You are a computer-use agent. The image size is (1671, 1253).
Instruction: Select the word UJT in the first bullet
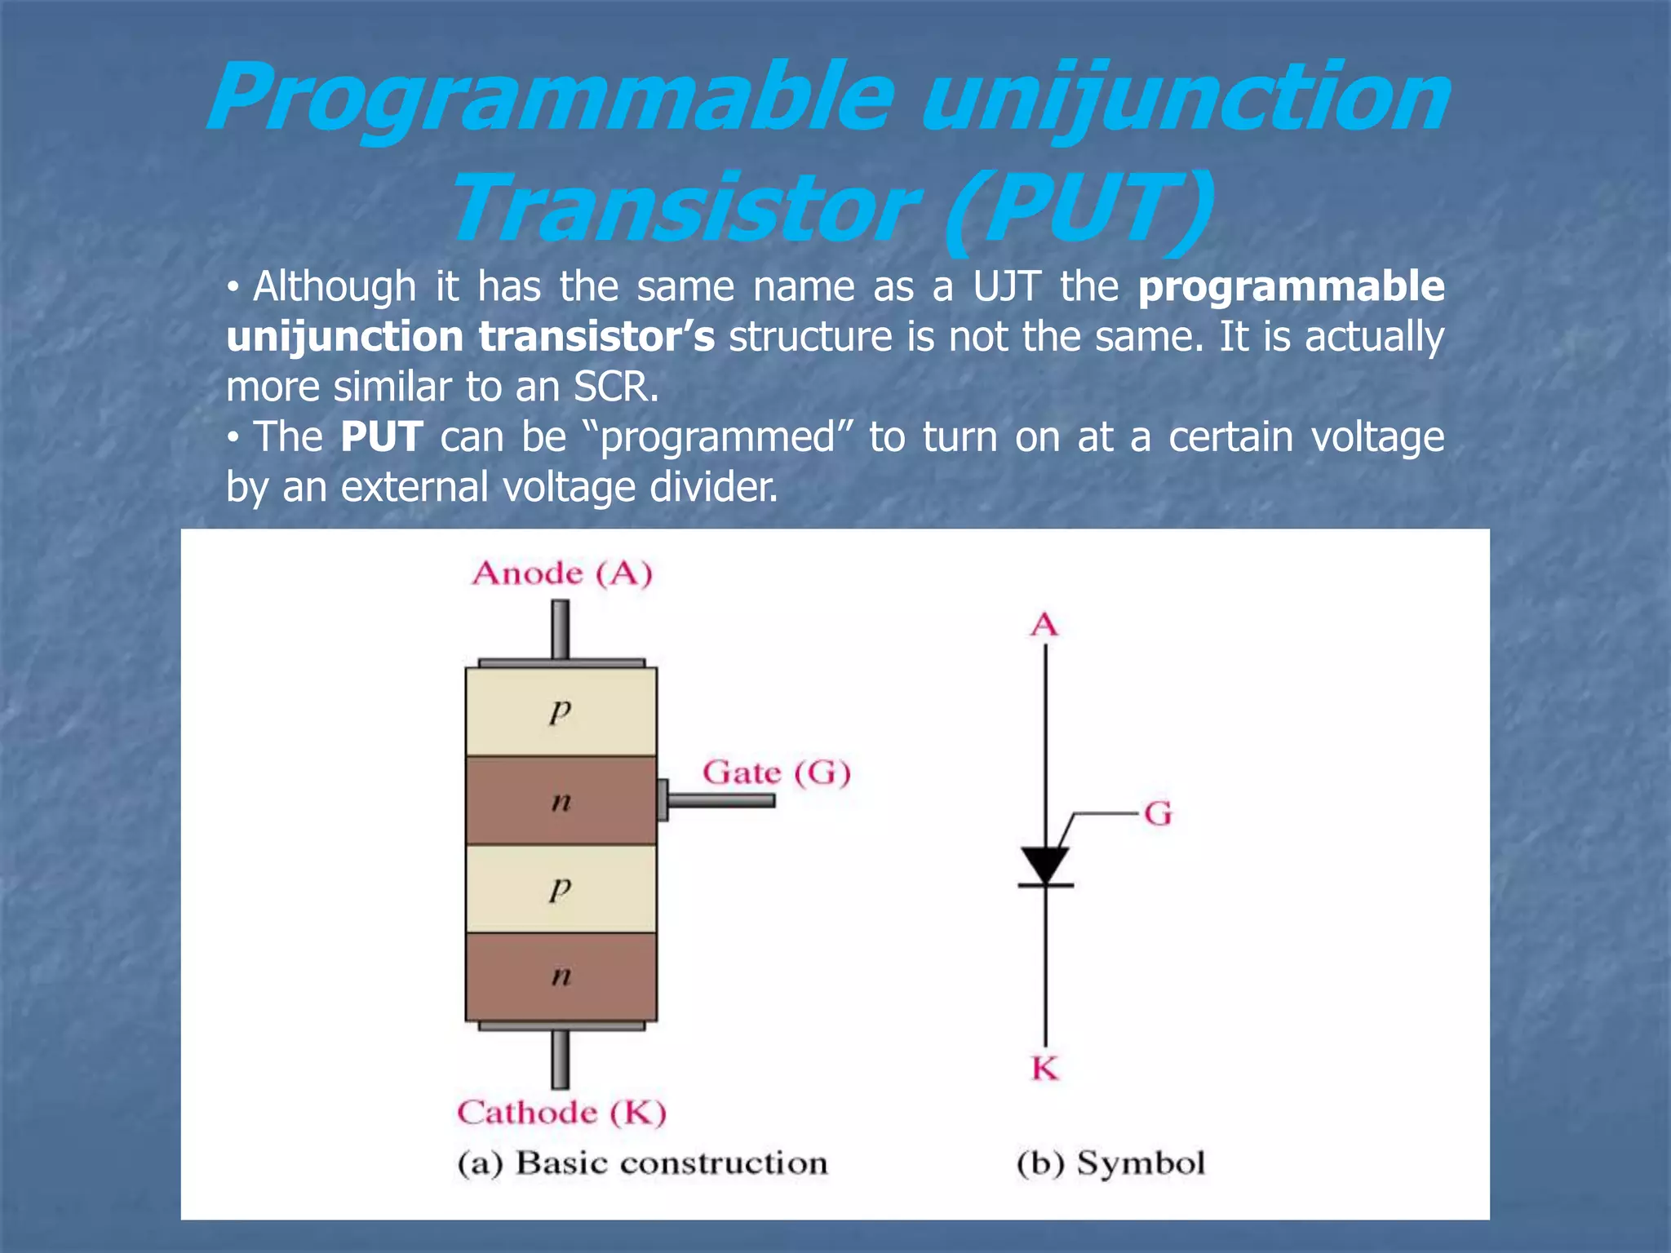pyautogui.click(x=1006, y=286)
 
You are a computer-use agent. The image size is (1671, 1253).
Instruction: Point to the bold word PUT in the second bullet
pyautogui.click(x=381, y=436)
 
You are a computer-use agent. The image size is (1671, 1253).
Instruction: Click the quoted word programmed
pyautogui.click(x=718, y=436)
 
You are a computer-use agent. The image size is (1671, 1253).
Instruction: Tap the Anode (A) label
pyautogui.click(x=562, y=573)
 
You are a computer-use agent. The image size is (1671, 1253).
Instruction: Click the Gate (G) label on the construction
pyautogui.click(x=776, y=772)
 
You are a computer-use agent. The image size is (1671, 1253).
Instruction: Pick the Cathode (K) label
pyautogui.click(x=561, y=1112)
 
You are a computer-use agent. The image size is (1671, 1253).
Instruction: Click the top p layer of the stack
pyautogui.click(x=561, y=711)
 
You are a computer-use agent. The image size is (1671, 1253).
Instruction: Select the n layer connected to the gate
pyautogui.click(x=561, y=800)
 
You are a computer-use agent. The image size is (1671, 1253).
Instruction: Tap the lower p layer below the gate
pyautogui.click(x=561, y=888)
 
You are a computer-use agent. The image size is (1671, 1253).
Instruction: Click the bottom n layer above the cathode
pyautogui.click(x=561, y=976)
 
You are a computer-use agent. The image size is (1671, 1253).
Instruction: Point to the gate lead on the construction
pyautogui.click(x=718, y=800)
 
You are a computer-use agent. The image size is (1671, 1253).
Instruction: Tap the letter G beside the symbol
pyautogui.click(x=1157, y=813)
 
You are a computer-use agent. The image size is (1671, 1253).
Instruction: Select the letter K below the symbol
pyautogui.click(x=1045, y=1068)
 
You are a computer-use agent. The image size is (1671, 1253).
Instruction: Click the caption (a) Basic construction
pyautogui.click(x=642, y=1162)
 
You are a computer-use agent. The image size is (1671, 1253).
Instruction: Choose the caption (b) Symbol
pyautogui.click(x=1110, y=1162)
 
